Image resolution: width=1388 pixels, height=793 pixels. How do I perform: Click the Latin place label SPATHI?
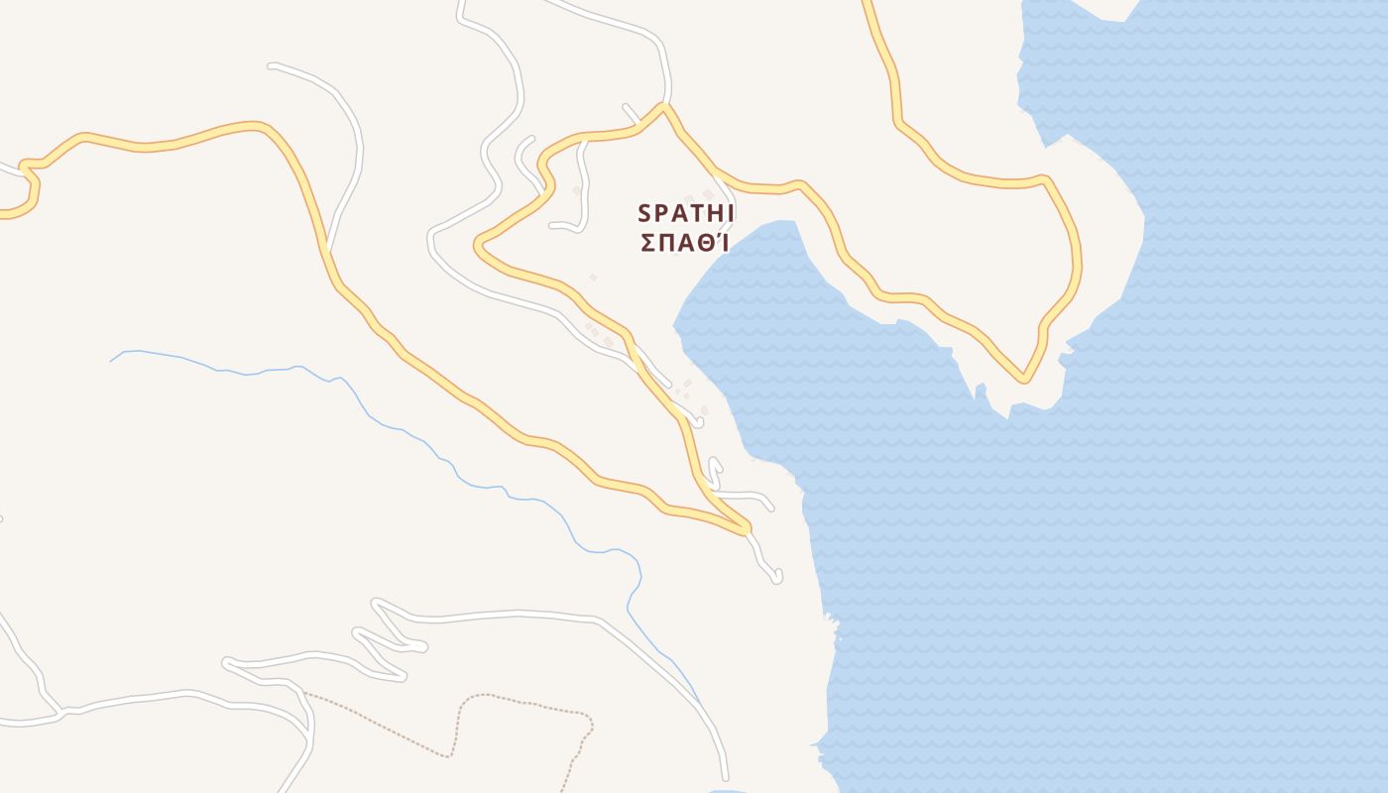coord(686,213)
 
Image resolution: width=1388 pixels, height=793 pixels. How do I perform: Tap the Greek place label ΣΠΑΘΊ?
coord(684,243)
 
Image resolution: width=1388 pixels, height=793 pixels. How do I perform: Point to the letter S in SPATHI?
coord(643,213)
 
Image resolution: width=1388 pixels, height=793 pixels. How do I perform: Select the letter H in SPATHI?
coord(713,213)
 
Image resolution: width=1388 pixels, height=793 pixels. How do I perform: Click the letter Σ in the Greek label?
coord(647,243)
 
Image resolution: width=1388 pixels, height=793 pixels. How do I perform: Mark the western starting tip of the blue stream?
coord(110,361)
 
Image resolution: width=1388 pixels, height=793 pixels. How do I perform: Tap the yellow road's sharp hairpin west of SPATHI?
coord(478,243)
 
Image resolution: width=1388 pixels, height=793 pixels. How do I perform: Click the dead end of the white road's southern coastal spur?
coord(778,577)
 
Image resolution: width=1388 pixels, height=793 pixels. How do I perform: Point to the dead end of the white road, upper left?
coord(271,66)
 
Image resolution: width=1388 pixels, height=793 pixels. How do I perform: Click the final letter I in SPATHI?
coord(730,213)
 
